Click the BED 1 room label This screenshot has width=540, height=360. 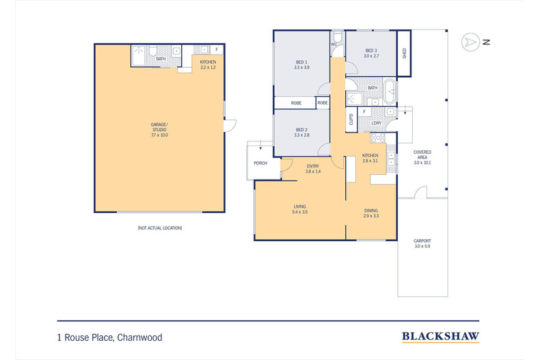[301, 64]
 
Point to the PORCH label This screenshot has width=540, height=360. [260, 163]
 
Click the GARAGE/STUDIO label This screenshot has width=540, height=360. [159, 128]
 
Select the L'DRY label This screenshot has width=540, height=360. [376, 123]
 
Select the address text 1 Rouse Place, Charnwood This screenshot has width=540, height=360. [109, 337]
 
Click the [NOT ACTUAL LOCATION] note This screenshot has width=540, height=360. [159, 227]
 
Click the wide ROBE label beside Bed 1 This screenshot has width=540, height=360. [296, 102]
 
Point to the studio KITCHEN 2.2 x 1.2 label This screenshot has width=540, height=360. [208, 64]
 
